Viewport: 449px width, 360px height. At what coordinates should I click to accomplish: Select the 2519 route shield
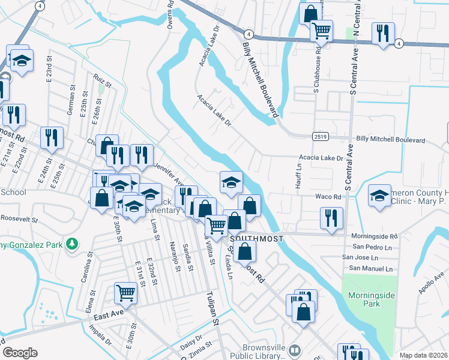[x=319, y=137]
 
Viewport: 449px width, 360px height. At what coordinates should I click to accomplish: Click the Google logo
[x=20, y=353]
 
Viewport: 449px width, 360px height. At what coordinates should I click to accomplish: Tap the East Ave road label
[x=108, y=314]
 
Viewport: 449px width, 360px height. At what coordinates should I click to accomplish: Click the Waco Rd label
[x=328, y=196]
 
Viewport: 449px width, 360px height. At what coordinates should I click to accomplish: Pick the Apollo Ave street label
[x=432, y=283]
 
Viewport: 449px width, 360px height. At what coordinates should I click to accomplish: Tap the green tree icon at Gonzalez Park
[x=73, y=243]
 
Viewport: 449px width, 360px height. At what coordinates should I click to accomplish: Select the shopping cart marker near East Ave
[x=125, y=293]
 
